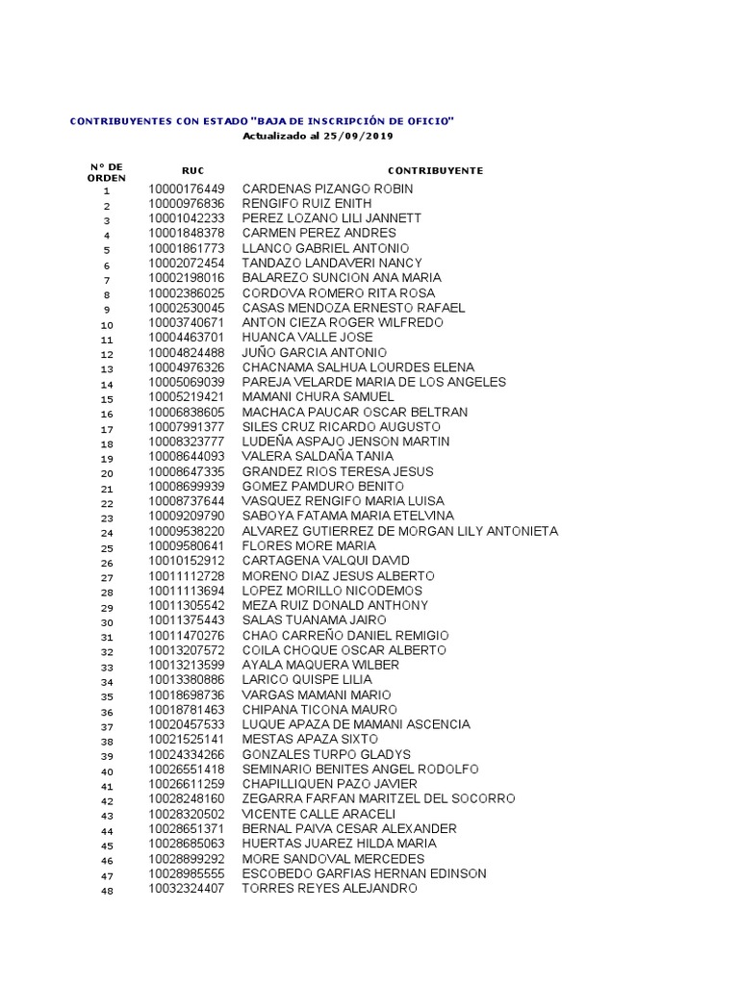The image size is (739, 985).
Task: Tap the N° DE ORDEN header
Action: click(106, 172)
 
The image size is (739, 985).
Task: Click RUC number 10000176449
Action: click(187, 189)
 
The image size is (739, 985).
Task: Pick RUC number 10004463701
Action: click(187, 338)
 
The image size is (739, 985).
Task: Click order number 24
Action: click(107, 533)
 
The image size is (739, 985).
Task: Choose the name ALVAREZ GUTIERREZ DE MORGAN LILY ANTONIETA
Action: click(399, 531)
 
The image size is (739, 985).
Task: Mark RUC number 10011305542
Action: click(187, 605)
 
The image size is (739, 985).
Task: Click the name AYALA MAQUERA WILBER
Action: click(320, 665)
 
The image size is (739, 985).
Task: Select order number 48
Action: click(107, 891)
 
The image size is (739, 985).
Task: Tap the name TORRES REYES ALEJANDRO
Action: click(329, 888)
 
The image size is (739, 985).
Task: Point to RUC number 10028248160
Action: click(187, 798)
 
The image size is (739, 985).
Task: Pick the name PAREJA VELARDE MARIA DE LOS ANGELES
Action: click(373, 382)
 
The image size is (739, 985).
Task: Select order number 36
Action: click(107, 712)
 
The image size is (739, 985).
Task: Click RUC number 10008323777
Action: click(187, 442)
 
